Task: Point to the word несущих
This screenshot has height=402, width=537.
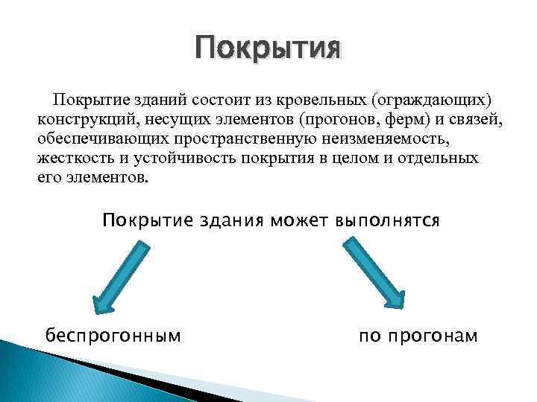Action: (x=163, y=119)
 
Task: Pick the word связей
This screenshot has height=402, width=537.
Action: (x=463, y=119)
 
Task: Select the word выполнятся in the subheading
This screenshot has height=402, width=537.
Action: (x=388, y=221)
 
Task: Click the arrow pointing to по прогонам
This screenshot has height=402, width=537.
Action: (x=373, y=272)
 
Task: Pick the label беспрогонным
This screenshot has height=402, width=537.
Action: (x=113, y=336)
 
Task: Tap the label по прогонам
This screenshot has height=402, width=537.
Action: (x=418, y=336)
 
